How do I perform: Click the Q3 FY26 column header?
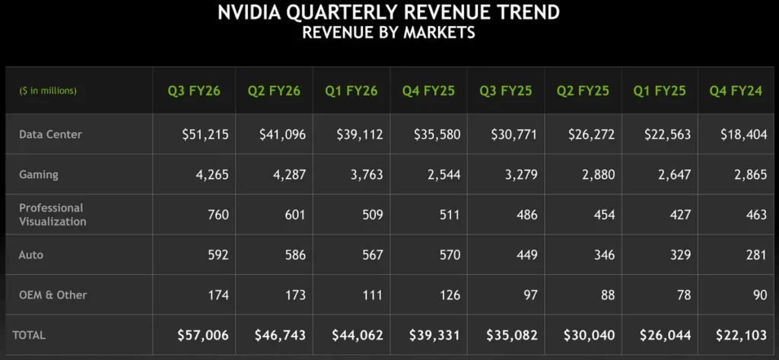pos(194,91)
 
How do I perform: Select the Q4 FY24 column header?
pos(735,91)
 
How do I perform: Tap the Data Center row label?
pos(50,134)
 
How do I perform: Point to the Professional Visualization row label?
pos(52,214)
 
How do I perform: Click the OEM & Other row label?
pos(53,294)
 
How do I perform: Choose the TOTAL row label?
pos(30,334)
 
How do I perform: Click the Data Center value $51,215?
pos(205,134)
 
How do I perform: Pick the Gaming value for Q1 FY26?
pos(364,174)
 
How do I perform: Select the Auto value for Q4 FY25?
pos(447,254)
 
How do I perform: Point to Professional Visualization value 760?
pos(218,214)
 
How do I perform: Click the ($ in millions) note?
pos(48,91)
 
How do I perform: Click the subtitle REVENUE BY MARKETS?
pos(389,32)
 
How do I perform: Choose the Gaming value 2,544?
pos(441,174)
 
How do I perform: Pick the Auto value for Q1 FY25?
pos(677,254)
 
